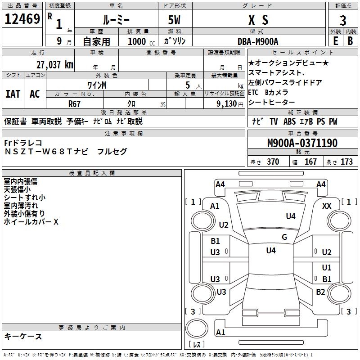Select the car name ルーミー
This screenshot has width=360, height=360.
(116, 20)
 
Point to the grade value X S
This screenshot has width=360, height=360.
(258, 20)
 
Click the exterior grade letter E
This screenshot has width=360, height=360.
(335, 40)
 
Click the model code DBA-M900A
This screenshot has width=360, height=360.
(258, 41)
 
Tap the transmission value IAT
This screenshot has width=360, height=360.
(13, 94)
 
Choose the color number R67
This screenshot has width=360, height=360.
(75, 103)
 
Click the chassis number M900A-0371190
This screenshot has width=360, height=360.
(302, 143)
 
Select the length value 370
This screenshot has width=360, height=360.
(273, 162)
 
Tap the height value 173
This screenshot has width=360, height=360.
(346, 162)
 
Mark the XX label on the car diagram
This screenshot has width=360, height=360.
(327, 206)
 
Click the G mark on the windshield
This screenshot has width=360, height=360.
(284, 237)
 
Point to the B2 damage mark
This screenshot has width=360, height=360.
(320, 292)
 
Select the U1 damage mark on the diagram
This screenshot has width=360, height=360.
(327, 268)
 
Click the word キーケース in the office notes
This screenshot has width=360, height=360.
(23, 336)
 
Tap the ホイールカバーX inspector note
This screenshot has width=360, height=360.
(31, 222)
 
